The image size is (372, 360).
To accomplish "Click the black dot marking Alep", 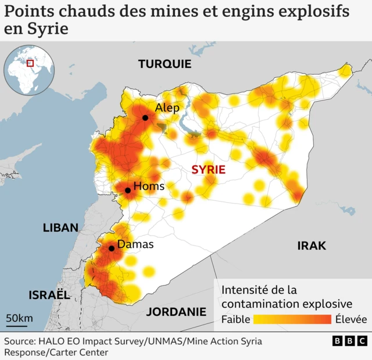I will (145, 118).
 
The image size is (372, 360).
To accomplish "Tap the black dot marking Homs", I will (127, 190).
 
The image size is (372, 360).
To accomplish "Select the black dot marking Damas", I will (111, 249).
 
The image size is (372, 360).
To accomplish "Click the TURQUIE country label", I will (164, 64).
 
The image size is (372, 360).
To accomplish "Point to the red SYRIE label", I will (208, 170).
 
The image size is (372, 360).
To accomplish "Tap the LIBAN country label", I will (60, 228).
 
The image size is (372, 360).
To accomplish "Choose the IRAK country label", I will (312, 246).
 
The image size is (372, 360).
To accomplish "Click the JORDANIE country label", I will (176, 312).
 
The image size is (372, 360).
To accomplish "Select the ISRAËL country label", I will (49, 295).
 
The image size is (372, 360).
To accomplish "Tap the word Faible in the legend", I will (236, 319).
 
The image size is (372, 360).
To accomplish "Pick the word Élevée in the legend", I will (350, 319).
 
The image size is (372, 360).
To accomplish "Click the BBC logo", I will (349, 341).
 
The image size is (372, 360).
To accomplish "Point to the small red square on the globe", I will (30, 63).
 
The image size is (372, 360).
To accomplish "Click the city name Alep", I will (167, 108).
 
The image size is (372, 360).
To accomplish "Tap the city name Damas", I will (135, 244).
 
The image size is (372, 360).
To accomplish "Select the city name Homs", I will (149, 186).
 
